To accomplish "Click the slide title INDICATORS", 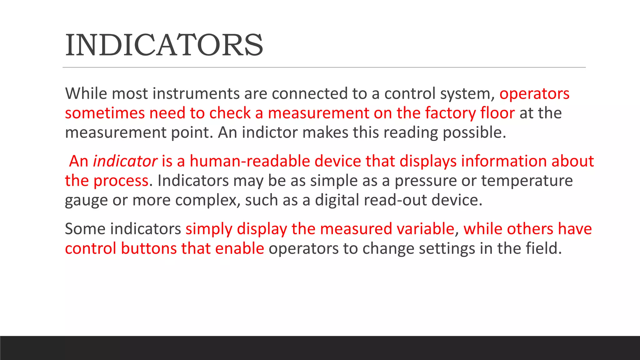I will coord(164,45).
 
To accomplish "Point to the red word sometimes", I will coord(105,113).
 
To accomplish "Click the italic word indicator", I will coord(125,161).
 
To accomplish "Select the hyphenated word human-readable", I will coord(249,161).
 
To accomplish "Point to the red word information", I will coord(504,161).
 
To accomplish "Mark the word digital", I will coord(337,200).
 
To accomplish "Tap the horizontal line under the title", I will coord(324,67).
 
